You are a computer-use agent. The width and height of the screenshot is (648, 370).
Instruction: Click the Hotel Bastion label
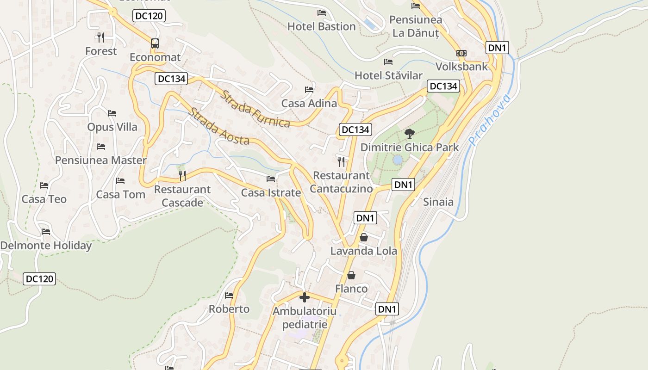[x=321, y=26]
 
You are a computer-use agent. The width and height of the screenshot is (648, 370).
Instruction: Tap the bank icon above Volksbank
[x=461, y=53]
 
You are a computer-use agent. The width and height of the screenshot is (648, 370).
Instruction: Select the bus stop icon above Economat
[x=155, y=43]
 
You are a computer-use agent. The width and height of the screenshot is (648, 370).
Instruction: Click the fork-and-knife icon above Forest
[x=101, y=37]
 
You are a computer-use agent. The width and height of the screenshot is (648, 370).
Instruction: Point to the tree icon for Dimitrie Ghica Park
[x=409, y=134]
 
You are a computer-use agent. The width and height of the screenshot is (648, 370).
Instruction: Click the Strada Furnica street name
[x=255, y=109]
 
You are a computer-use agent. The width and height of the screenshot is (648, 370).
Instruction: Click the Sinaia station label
[x=438, y=202]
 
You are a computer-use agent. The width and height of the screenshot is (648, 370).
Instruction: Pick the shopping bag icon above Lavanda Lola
[x=364, y=237]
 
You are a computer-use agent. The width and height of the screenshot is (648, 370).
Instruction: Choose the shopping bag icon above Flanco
[x=351, y=275]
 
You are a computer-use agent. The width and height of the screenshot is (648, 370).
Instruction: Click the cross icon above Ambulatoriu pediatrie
[x=304, y=297]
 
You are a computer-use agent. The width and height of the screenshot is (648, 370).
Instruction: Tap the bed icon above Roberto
[x=229, y=295]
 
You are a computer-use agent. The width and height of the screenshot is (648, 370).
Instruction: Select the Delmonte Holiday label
[x=46, y=246]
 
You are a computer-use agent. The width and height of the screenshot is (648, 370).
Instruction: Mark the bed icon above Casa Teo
[x=44, y=185]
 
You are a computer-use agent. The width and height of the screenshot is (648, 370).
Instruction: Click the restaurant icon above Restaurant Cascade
[x=182, y=175]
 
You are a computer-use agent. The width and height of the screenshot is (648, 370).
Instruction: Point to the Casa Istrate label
[x=271, y=193]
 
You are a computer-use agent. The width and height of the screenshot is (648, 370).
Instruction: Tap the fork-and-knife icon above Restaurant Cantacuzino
[x=341, y=161]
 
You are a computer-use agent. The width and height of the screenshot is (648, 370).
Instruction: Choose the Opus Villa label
[x=112, y=127]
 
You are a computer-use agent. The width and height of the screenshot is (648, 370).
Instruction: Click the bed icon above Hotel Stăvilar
[x=388, y=62]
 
